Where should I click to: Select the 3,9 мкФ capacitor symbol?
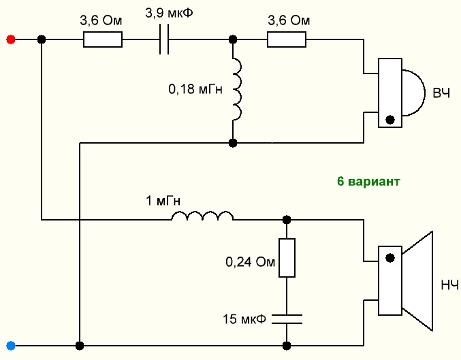tap(163, 40)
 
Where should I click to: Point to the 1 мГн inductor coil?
tap(202, 217)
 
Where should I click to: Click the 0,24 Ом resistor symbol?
tap(287, 258)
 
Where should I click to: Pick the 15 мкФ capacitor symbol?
tap(287, 318)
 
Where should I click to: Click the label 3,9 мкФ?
tap(167, 14)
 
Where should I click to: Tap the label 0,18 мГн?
tap(195, 88)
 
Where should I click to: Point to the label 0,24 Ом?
tap(251, 261)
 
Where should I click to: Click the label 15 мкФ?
tap(244, 318)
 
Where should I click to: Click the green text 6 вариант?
tap(368, 182)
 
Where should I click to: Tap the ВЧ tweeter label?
tap(442, 93)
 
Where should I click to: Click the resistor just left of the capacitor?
tap(103, 40)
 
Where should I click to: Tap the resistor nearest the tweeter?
tap(287, 40)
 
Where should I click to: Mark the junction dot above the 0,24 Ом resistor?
tap(287, 220)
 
